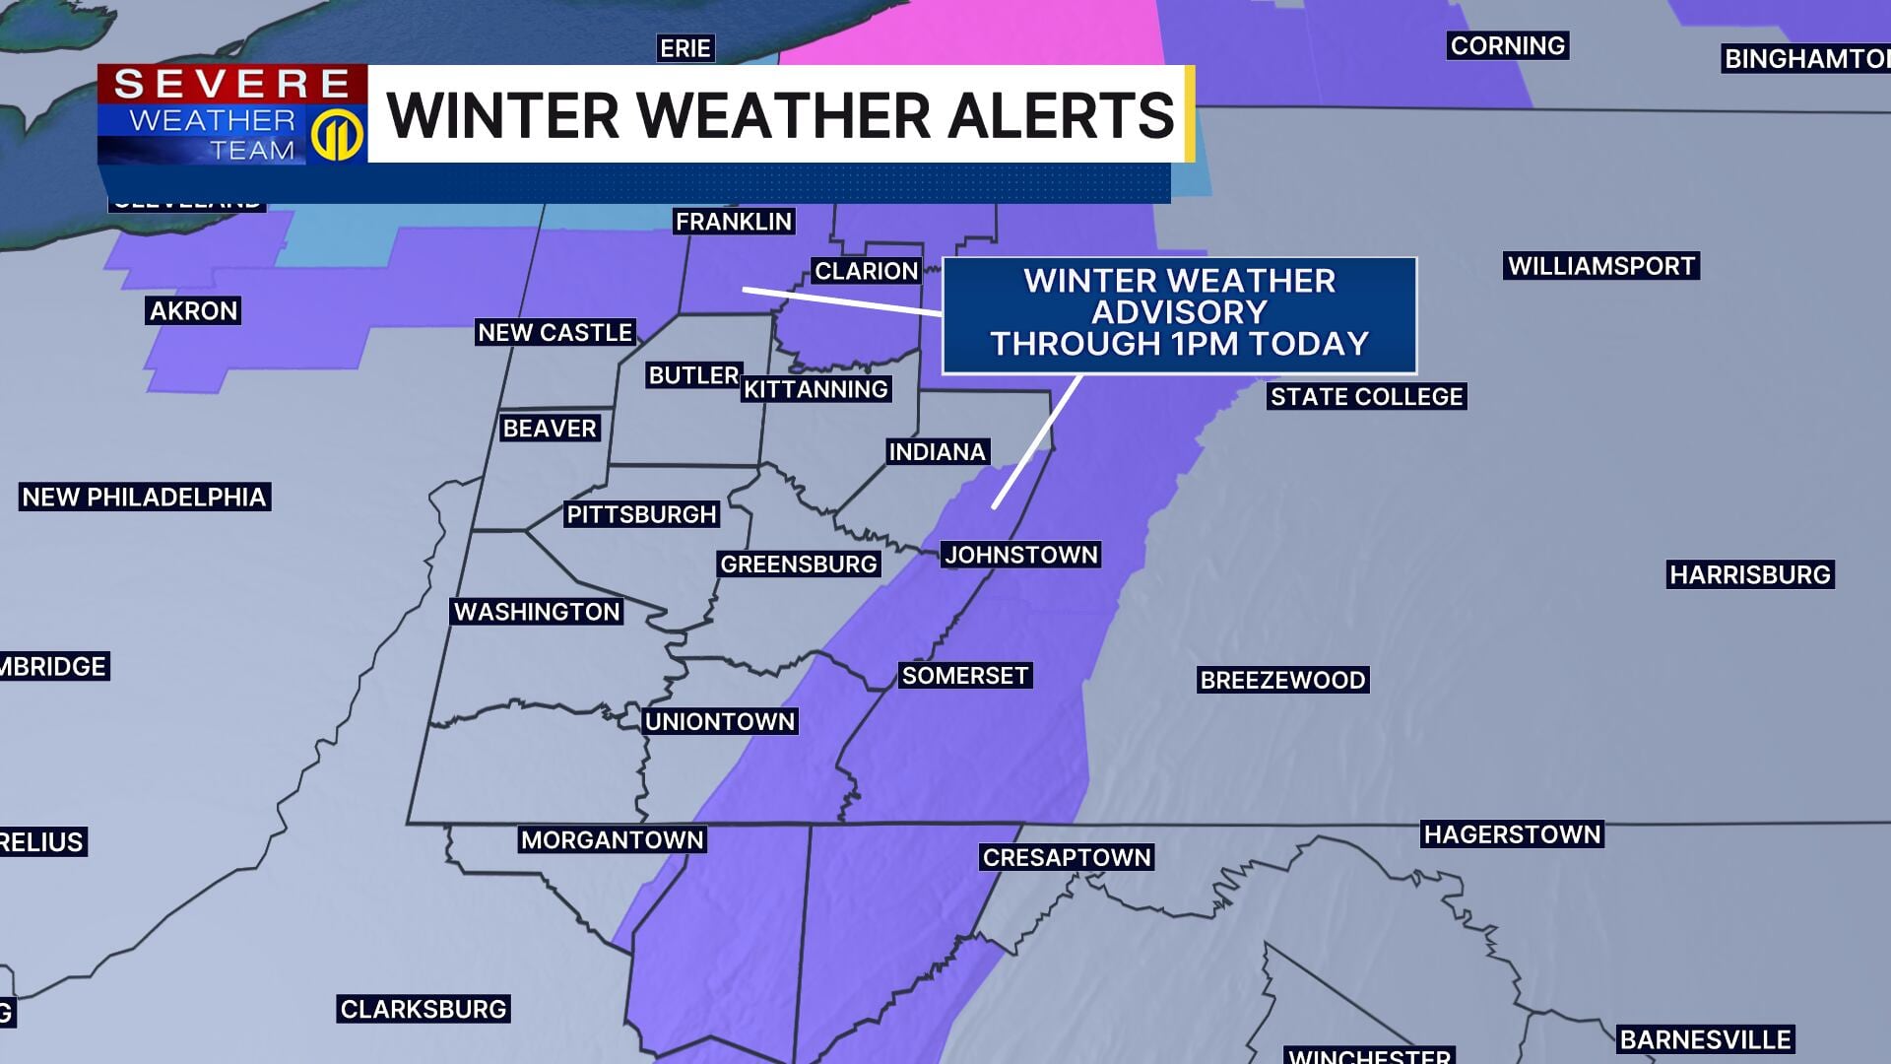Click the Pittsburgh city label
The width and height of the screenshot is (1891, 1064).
(641, 514)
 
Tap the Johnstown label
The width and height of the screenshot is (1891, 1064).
(1020, 555)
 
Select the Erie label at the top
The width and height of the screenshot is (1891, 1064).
(685, 48)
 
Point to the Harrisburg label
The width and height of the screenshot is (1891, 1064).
(1749, 574)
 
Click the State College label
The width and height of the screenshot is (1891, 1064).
(1366, 397)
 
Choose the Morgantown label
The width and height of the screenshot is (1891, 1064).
(612, 840)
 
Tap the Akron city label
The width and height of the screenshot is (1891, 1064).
(194, 311)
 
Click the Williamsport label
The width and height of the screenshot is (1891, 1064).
(1601, 266)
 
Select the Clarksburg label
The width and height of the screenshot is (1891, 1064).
(423, 1009)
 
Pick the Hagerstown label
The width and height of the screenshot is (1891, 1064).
(1512, 834)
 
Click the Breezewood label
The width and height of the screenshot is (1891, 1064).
(1282, 680)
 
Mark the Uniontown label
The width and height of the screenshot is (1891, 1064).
(719, 721)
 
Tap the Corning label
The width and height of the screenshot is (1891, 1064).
(1507, 45)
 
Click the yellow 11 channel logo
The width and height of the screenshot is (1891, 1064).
(338, 134)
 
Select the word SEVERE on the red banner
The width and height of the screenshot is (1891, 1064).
(232, 84)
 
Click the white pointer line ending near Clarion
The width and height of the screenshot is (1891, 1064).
(842, 300)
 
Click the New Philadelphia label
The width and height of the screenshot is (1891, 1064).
(144, 497)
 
